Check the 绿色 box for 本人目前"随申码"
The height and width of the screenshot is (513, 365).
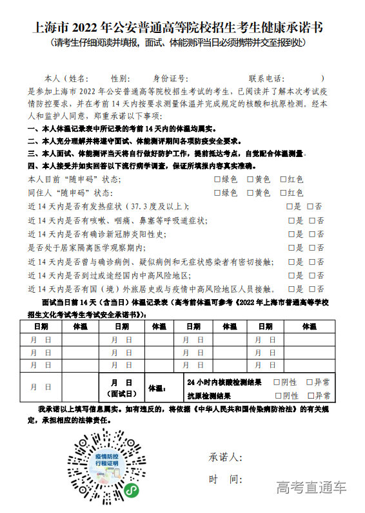(217, 179)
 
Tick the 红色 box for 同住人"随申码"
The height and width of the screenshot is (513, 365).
(283, 193)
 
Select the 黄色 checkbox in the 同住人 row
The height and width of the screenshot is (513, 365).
(250, 193)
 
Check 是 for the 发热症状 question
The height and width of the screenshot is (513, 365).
(290, 206)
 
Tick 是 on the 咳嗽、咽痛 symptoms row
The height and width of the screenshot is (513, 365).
(291, 220)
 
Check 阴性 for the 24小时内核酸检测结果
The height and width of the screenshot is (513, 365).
(277, 382)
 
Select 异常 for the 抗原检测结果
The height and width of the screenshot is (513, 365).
(310, 395)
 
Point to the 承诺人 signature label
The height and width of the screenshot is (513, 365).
(225, 457)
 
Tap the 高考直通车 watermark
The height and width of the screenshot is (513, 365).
(311, 487)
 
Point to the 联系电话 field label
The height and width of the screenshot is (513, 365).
(265, 78)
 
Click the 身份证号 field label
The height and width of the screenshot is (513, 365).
(170, 78)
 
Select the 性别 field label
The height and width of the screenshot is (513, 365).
(121, 78)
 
